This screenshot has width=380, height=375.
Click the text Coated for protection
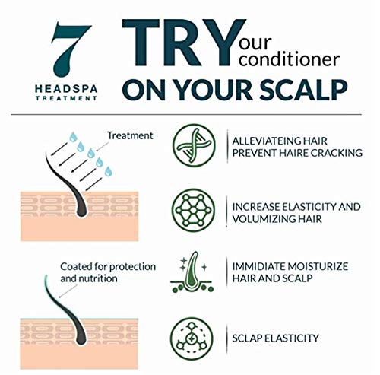pyautogui.click(x=108, y=267)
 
